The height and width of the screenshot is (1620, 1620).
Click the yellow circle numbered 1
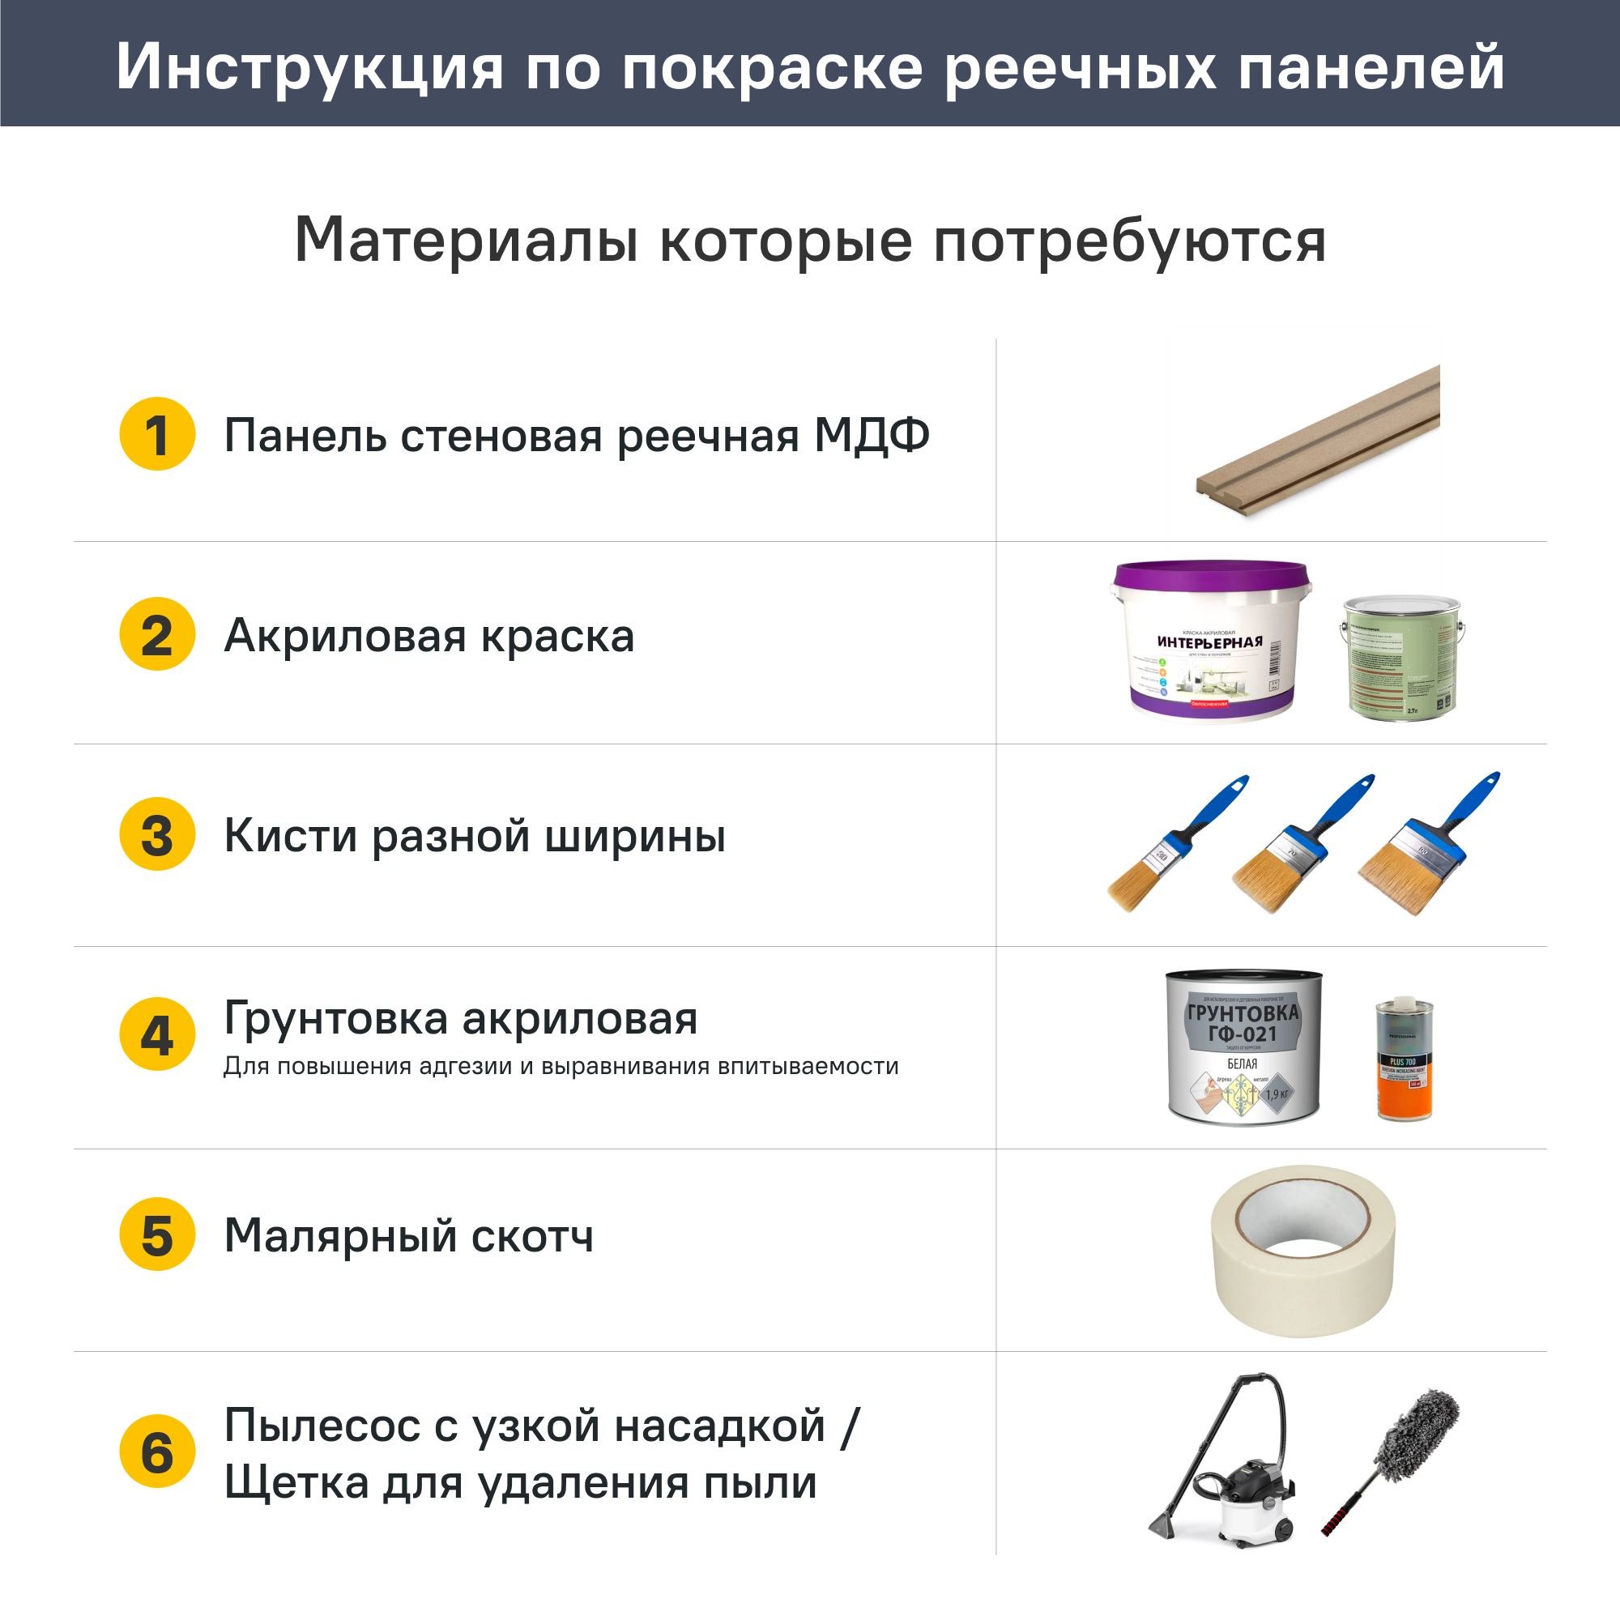(x=157, y=433)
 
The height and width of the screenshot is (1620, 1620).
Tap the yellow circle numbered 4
(x=157, y=1034)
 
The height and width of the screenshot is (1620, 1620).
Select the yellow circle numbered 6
(x=157, y=1452)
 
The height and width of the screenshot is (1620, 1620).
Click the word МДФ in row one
(x=872, y=435)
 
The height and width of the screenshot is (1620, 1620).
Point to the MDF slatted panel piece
(x=1316, y=443)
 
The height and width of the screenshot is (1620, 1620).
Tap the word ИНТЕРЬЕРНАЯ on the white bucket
(x=1209, y=642)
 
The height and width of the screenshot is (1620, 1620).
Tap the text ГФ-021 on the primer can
(x=1242, y=1034)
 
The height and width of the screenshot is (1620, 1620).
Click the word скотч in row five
(x=531, y=1236)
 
